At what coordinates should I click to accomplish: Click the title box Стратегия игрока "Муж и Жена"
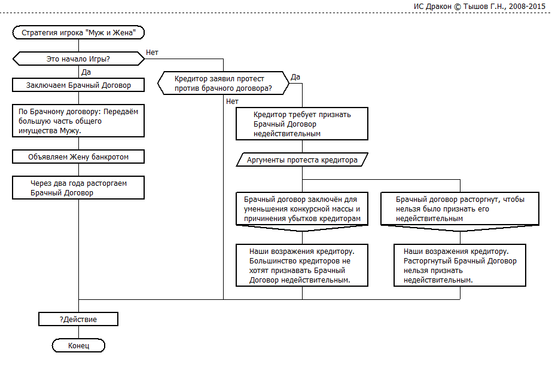point(78,33)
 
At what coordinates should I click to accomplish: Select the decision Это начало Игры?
point(78,59)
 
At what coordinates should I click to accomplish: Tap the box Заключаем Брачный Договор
point(78,85)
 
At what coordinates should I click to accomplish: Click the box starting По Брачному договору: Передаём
point(78,121)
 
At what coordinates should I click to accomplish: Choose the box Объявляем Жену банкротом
point(78,157)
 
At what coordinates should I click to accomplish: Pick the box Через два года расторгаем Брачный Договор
point(78,188)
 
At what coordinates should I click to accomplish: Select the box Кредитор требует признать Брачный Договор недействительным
point(302,124)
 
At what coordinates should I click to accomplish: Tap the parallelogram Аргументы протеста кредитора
point(302,160)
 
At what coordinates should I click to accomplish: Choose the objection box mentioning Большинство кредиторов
point(302,265)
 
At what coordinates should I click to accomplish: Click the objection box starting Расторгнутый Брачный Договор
point(460,265)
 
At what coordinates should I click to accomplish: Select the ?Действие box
point(78,320)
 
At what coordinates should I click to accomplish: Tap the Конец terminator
point(78,346)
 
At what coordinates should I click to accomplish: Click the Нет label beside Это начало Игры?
point(152,53)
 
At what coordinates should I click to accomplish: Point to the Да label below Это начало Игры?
point(86,72)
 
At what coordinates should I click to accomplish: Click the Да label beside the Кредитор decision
point(295,77)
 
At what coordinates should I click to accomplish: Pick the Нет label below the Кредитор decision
point(232,101)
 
